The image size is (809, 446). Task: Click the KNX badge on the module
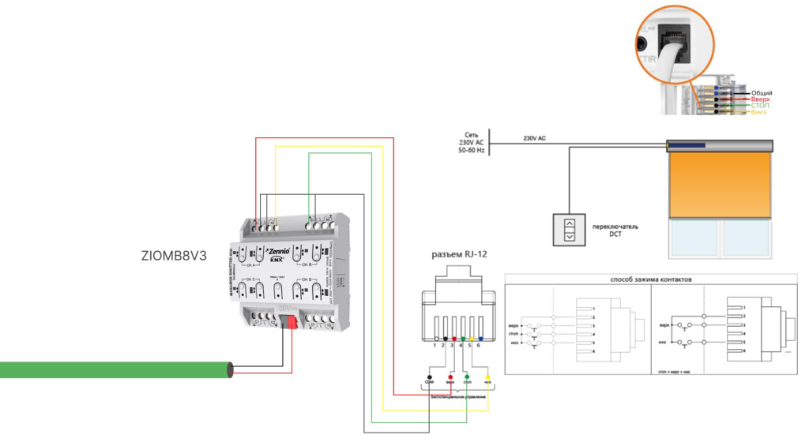click(277, 259)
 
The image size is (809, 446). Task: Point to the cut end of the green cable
click(229, 369)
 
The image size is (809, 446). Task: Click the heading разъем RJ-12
click(458, 256)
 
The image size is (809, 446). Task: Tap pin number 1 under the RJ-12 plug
click(435, 346)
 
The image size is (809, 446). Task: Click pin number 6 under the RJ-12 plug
click(479, 346)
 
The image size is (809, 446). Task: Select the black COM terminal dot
click(429, 377)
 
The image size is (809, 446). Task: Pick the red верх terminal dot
click(450, 377)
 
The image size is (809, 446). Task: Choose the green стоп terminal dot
click(468, 377)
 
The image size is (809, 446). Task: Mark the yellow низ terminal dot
click(487, 377)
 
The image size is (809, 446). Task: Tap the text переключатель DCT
click(614, 230)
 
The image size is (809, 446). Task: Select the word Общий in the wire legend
click(761, 93)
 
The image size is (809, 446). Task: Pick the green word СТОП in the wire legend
click(759, 106)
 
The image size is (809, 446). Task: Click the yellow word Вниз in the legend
click(758, 112)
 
